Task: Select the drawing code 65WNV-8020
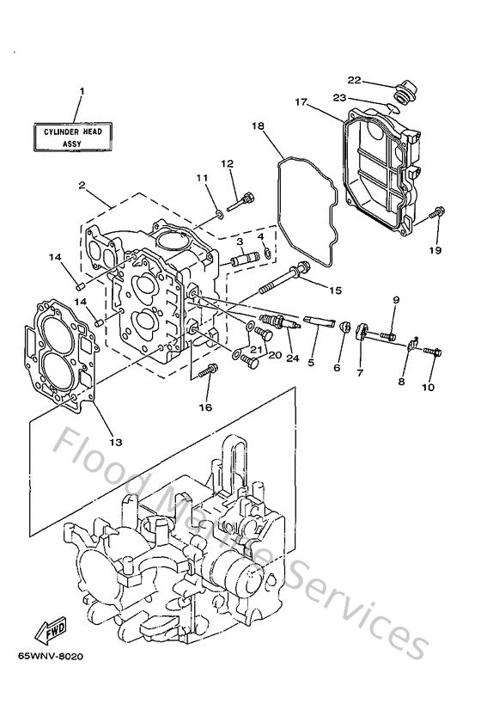coord(53,666)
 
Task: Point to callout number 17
coord(300,101)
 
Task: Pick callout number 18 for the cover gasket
coord(257,125)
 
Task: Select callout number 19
coord(436,250)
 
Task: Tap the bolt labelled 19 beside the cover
coord(437,211)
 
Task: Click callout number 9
coord(396,299)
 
